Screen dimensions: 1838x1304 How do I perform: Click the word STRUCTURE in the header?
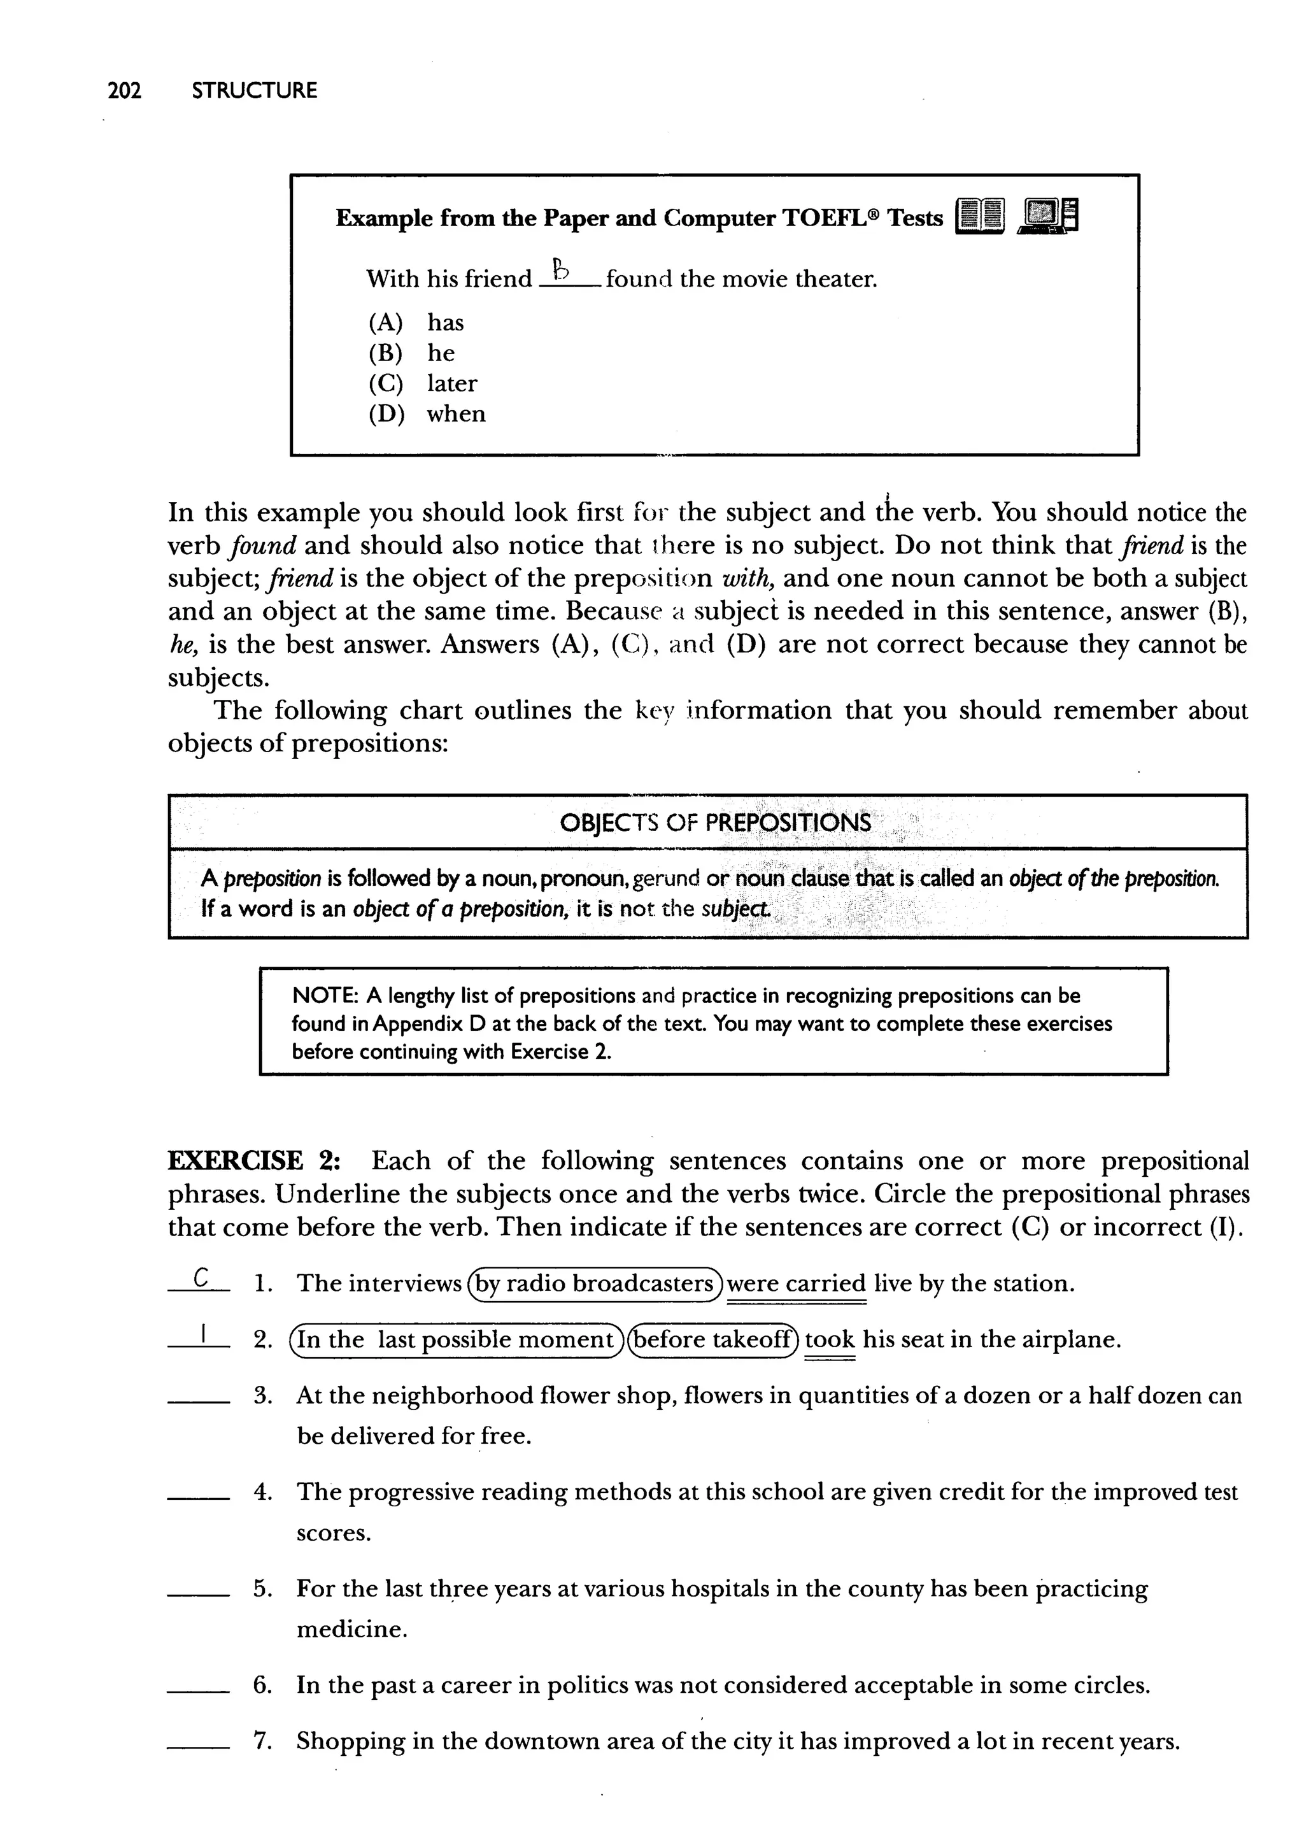pyautogui.click(x=255, y=90)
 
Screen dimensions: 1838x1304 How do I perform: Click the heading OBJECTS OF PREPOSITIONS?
pyautogui.click(x=714, y=823)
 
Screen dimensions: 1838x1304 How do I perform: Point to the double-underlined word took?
pyautogui.click(x=830, y=1339)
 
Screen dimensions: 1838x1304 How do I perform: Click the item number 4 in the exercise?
pyautogui.click(x=262, y=1492)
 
